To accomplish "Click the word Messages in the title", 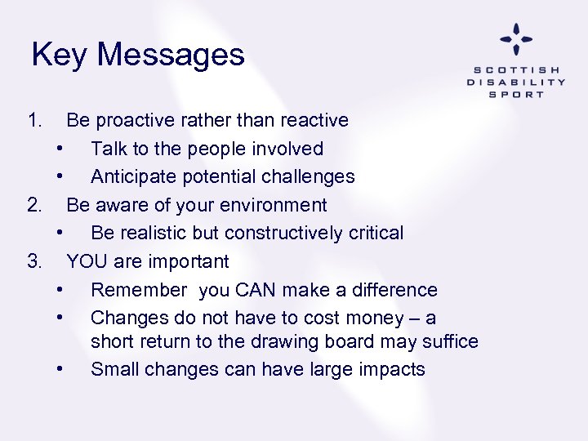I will pos(171,55).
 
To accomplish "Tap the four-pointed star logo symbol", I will pos(516,39).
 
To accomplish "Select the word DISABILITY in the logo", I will pos(516,82).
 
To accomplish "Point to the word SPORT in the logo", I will pos(516,94).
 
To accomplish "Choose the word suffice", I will pos(448,341).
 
